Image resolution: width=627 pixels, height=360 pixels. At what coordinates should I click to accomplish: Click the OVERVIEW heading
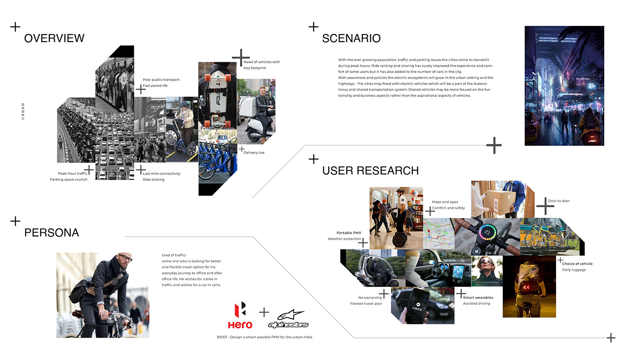tap(54, 38)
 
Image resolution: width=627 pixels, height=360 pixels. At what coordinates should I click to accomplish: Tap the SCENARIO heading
tap(351, 38)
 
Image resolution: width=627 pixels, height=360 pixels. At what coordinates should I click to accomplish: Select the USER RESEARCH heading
tap(370, 171)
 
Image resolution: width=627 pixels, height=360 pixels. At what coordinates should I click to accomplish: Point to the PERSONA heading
tap(52, 233)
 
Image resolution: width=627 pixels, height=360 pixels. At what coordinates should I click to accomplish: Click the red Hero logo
tap(240, 315)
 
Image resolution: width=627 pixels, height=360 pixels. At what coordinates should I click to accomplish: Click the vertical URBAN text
tap(23, 111)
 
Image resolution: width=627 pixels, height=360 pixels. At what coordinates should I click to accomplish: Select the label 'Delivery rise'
tap(254, 153)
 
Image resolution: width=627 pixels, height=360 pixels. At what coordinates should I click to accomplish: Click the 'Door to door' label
tap(559, 201)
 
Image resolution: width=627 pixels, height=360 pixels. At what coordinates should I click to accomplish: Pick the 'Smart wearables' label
tap(478, 298)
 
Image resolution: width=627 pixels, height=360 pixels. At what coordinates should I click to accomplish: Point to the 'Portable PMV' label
tap(349, 233)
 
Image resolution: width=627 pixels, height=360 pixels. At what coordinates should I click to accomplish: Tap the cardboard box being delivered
tap(500, 202)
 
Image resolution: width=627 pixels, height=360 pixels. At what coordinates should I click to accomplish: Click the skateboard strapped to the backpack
tap(217, 99)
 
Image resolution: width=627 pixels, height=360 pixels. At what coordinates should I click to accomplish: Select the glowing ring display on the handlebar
tap(487, 232)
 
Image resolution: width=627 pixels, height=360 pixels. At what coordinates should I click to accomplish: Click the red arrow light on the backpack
tap(526, 287)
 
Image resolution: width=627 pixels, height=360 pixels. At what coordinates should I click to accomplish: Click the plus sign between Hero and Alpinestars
tap(264, 312)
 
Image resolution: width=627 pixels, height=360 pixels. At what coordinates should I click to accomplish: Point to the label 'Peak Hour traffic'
tap(73, 173)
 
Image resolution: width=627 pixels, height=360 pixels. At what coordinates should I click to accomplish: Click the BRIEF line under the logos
tap(265, 337)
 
